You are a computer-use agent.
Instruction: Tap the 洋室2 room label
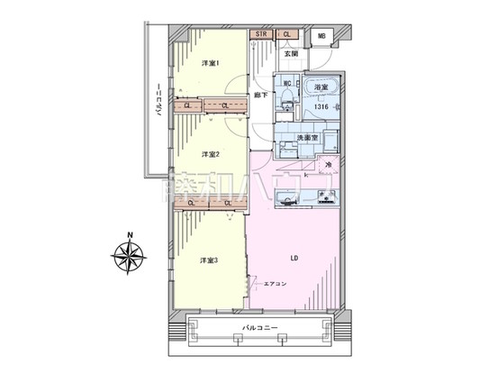click(x=211, y=153)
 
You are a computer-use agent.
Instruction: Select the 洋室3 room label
click(x=211, y=261)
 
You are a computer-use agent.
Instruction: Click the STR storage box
click(x=261, y=35)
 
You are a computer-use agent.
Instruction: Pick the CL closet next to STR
click(x=286, y=35)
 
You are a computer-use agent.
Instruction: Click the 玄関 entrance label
click(x=291, y=54)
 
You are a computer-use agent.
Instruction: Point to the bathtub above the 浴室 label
click(x=323, y=89)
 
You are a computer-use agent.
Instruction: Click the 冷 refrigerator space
click(x=329, y=165)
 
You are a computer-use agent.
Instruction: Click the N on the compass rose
click(x=131, y=236)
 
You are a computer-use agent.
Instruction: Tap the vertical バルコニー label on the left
click(x=158, y=104)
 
